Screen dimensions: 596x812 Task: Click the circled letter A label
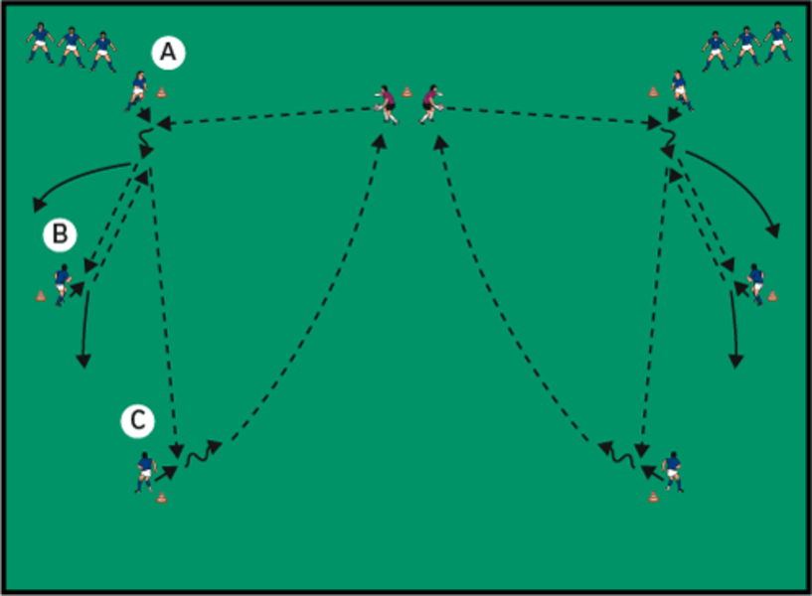(168, 53)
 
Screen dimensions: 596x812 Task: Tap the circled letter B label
(60, 234)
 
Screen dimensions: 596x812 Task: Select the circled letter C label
(138, 421)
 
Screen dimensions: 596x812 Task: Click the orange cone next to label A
(161, 93)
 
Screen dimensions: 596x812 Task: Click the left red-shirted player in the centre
(386, 103)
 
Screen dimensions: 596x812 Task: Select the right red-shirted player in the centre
(430, 103)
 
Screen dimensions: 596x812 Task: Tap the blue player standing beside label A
(137, 89)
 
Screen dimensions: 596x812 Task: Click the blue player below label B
(62, 284)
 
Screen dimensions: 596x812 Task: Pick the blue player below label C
(145, 472)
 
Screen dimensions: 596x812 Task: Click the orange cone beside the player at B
(41, 295)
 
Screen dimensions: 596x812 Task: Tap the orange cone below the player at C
(161, 497)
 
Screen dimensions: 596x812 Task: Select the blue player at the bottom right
(673, 471)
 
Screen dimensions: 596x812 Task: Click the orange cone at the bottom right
(653, 496)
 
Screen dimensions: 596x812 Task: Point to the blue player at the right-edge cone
(756, 283)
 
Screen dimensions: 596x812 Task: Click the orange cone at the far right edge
(772, 295)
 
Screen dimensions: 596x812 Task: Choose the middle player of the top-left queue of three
(71, 46)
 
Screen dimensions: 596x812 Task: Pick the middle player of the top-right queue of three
(745, 46)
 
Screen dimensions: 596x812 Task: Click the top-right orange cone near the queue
(653, 92)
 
